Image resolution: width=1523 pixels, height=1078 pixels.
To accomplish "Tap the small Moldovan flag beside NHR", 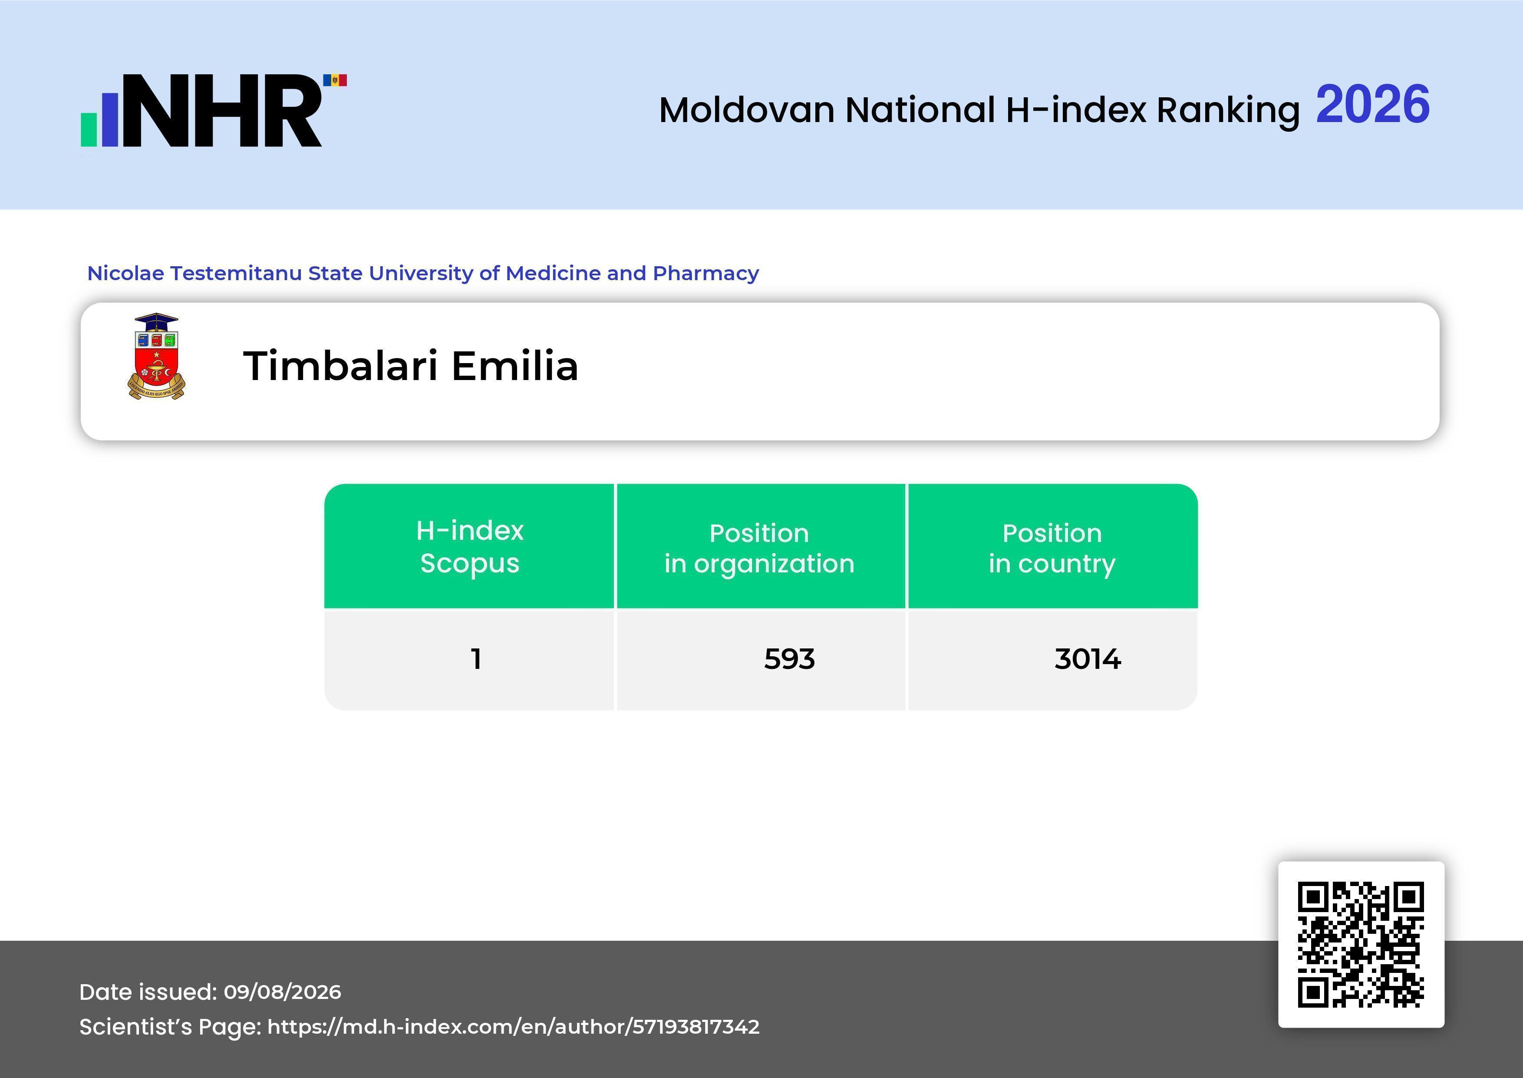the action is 335,80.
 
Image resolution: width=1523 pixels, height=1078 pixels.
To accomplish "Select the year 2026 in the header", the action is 1372,105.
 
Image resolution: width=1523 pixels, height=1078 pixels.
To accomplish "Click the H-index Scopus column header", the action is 470,546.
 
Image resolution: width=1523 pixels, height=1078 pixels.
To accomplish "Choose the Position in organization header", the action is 759,548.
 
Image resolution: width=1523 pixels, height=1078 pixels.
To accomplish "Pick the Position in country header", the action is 1052,548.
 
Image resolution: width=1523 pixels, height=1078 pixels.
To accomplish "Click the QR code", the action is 1361,945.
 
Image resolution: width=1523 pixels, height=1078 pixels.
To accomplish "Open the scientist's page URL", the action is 514,1027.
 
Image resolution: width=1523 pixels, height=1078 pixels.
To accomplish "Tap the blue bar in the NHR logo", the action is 109,119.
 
